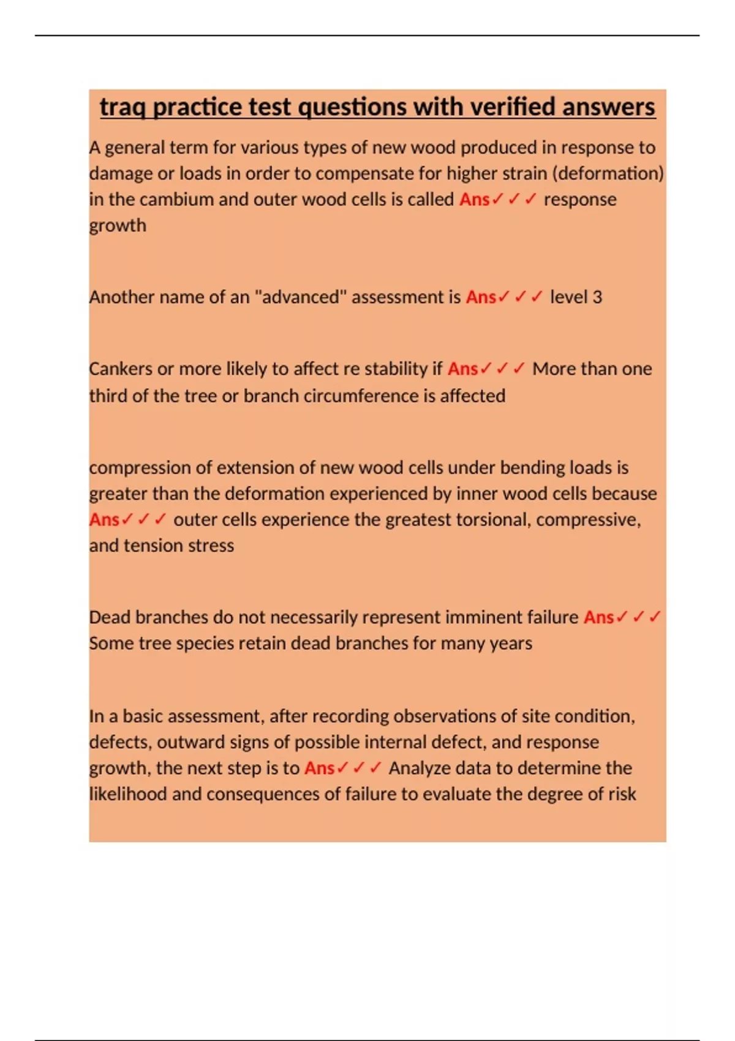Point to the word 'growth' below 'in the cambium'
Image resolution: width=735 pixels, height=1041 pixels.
click(118, 226)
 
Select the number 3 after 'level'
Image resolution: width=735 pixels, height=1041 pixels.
click(597, 297)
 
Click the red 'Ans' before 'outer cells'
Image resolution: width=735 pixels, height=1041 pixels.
click(104, 520)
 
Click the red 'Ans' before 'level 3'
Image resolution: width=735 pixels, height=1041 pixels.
click(481, 297)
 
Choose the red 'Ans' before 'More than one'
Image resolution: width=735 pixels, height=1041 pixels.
click(462, 369)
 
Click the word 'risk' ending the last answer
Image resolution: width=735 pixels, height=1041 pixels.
click(622, 794)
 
